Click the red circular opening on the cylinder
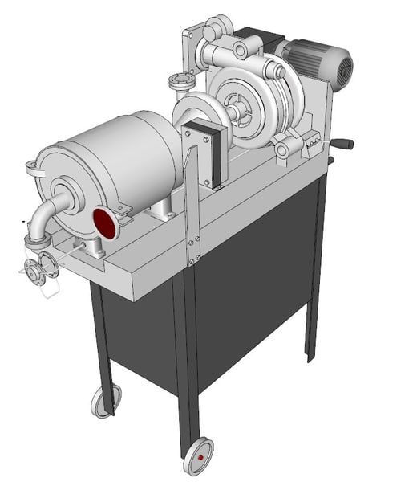tap(105, 223)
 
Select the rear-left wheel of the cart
tap(104, 400)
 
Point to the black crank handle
tap(342, 145)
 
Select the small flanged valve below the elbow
tap(38, 270)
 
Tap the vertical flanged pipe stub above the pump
tap(180, 83)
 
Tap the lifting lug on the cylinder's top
tap(33, 168)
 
